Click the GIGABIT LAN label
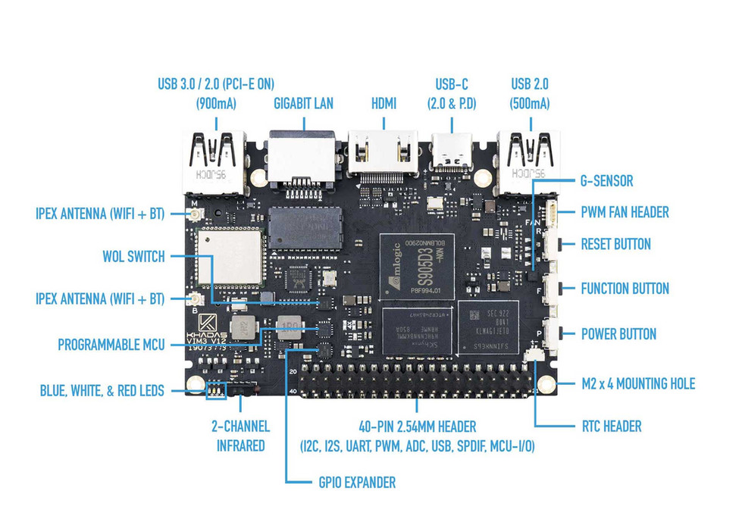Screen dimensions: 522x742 (302, 103)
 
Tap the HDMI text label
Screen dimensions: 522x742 (384, 103)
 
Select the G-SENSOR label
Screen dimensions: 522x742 (606, 182)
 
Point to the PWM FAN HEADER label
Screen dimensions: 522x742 (625, 213)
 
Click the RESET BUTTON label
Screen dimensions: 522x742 (615, 245)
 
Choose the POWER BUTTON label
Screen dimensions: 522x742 (618, 334)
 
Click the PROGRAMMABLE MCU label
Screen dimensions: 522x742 (111, 345)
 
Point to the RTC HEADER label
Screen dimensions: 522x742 (611, 426)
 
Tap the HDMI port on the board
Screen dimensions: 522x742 (383, 155)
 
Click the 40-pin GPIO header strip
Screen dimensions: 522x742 (421, 384)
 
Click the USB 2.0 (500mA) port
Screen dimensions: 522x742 (529, 159)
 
